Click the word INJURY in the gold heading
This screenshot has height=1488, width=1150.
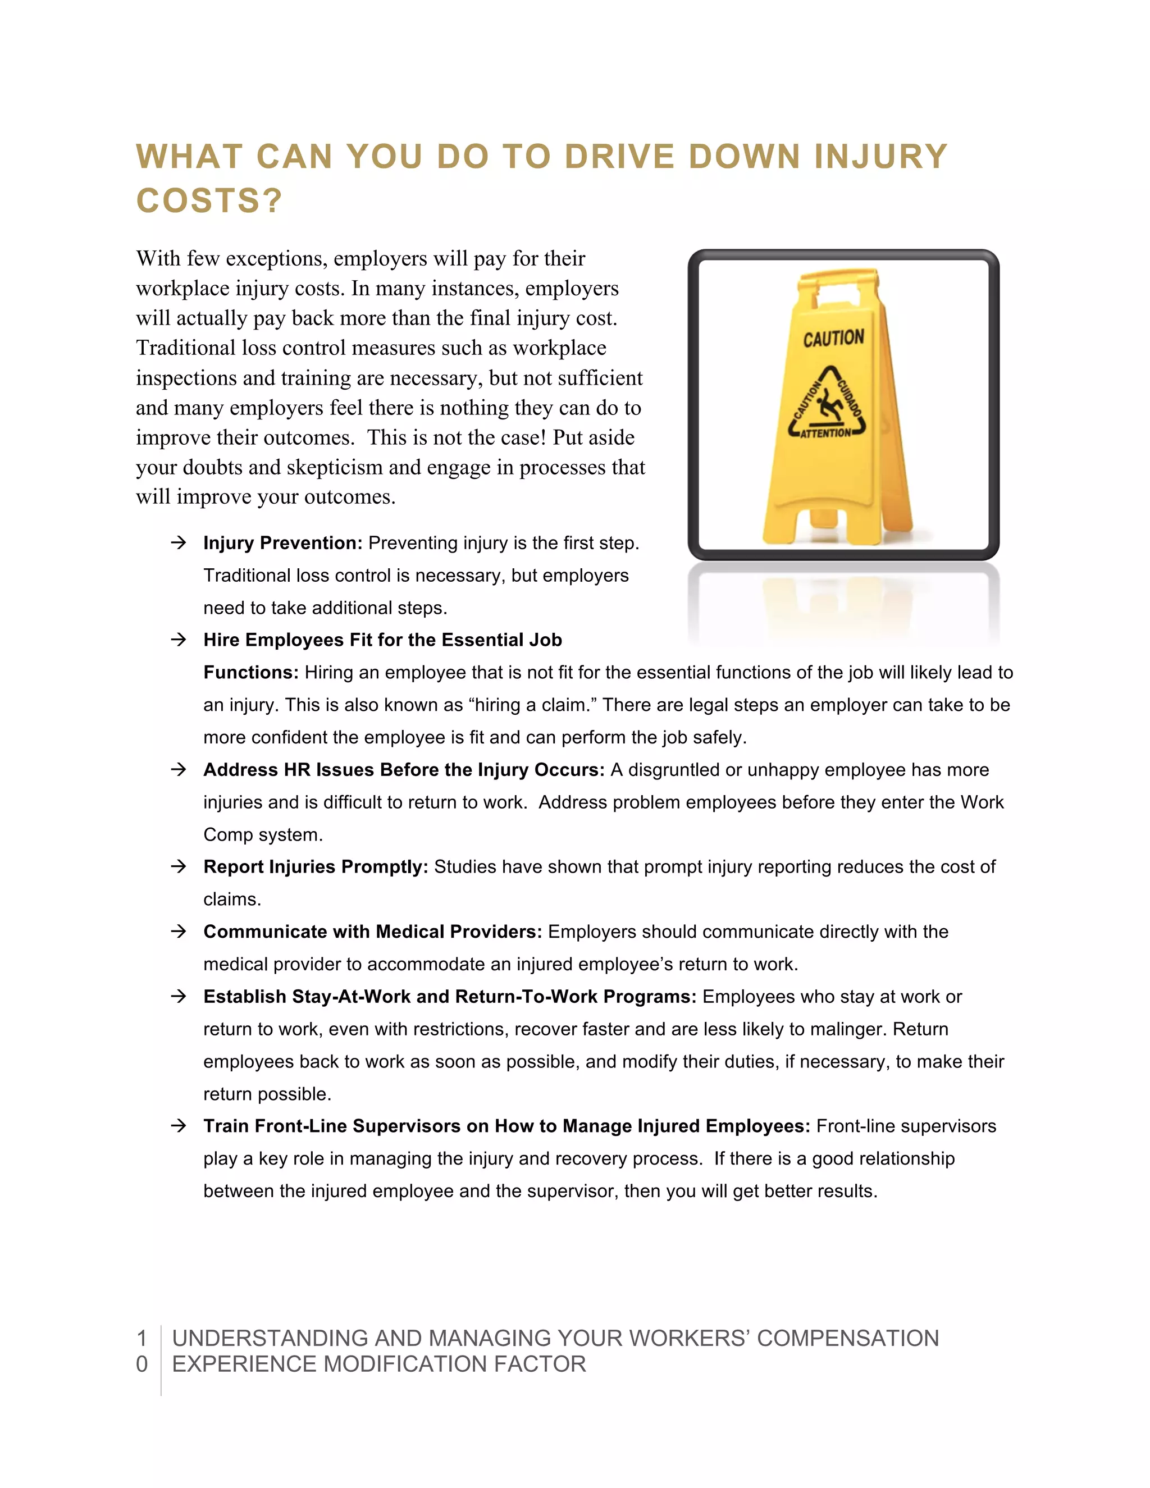(880, 157)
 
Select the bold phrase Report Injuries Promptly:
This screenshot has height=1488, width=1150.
(316, 866)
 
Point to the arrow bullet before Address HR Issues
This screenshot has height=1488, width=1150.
(179, 770)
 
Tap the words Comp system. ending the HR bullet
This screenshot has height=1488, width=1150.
(263, 834)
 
